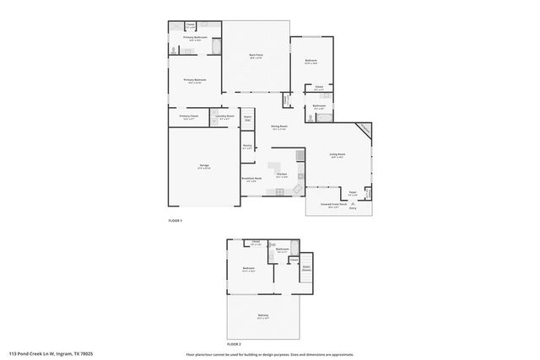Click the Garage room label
[203, 165]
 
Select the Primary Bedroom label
[195, 80]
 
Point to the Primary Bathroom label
[195, 38]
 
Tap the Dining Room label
[279, 126]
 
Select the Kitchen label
[282, 175]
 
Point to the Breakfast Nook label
[251, 179]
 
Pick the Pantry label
[248, 146]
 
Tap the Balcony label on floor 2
[263, 316]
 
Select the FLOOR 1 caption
[175, 221]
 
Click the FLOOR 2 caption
[234, 345]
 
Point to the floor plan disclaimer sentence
[270, 354]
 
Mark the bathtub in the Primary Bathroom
[216, 47]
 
